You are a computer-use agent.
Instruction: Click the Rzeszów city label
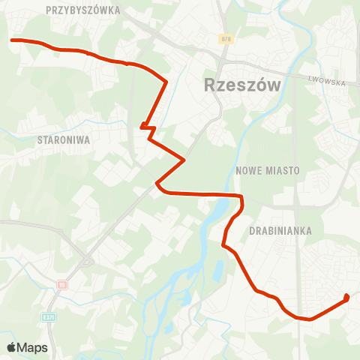(242, 85)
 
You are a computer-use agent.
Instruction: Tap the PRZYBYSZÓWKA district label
(82, 10)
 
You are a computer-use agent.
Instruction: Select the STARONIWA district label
(64, 139)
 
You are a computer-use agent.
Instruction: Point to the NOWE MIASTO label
(268, 170)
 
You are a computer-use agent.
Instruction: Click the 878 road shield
(226, 38)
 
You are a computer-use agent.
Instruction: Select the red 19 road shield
(62, 285)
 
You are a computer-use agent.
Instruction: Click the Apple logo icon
(12, 347)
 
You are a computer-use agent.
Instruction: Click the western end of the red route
(11, 40)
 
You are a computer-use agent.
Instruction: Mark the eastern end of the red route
(346, 298)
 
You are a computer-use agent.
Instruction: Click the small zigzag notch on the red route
(147, 130)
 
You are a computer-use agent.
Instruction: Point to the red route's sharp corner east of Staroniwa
(184, 159)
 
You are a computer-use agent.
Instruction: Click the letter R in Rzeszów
(211, 85)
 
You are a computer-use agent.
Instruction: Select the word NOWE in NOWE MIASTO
(250, 170)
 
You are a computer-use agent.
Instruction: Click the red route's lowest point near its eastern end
(309, 319)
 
